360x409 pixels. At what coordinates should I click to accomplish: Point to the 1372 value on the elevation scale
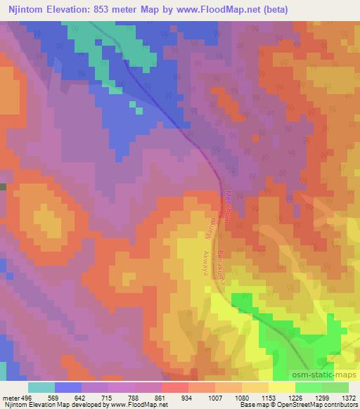348,397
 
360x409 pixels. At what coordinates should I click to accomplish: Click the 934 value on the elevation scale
188,397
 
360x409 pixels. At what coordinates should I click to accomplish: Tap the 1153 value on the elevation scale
268,397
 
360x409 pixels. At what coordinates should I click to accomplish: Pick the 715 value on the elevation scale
108,397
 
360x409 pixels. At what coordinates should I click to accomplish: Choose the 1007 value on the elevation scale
214,397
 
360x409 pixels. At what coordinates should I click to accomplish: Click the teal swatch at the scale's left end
41,387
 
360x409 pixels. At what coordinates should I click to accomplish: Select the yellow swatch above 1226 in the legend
281,387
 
